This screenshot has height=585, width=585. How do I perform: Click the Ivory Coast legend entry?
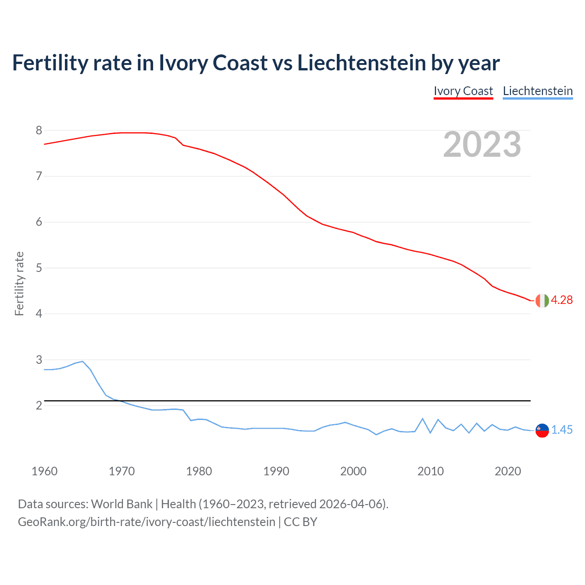pos(463,91)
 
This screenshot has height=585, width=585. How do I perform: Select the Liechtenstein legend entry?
pos(537,91)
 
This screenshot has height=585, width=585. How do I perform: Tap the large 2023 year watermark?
pos(482,144)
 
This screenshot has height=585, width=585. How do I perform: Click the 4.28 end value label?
pos(562,300)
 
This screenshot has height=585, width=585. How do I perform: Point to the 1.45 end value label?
pos(562,430)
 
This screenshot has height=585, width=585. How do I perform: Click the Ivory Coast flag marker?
pos(542,300)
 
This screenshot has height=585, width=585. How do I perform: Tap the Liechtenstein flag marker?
pos(542,430)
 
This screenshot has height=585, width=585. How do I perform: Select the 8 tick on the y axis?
pos(39,131)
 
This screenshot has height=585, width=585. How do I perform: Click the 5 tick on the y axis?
pos(39,268)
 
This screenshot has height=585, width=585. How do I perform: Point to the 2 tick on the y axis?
pos(39,405)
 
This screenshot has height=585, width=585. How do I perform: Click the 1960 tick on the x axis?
pos(44,471)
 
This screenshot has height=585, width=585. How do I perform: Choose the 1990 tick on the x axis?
pos(276,471)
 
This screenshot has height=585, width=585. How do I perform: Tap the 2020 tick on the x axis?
pos(508,471)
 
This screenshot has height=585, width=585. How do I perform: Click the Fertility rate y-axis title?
pos(19,283)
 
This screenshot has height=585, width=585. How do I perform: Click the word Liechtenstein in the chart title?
pos(362,63)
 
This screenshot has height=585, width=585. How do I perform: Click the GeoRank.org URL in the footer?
pos(146,522)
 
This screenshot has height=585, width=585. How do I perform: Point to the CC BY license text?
pos(300,522)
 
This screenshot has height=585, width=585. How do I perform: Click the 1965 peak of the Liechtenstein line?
pos(83,362)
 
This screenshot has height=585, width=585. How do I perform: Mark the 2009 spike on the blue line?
pos(423,419)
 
